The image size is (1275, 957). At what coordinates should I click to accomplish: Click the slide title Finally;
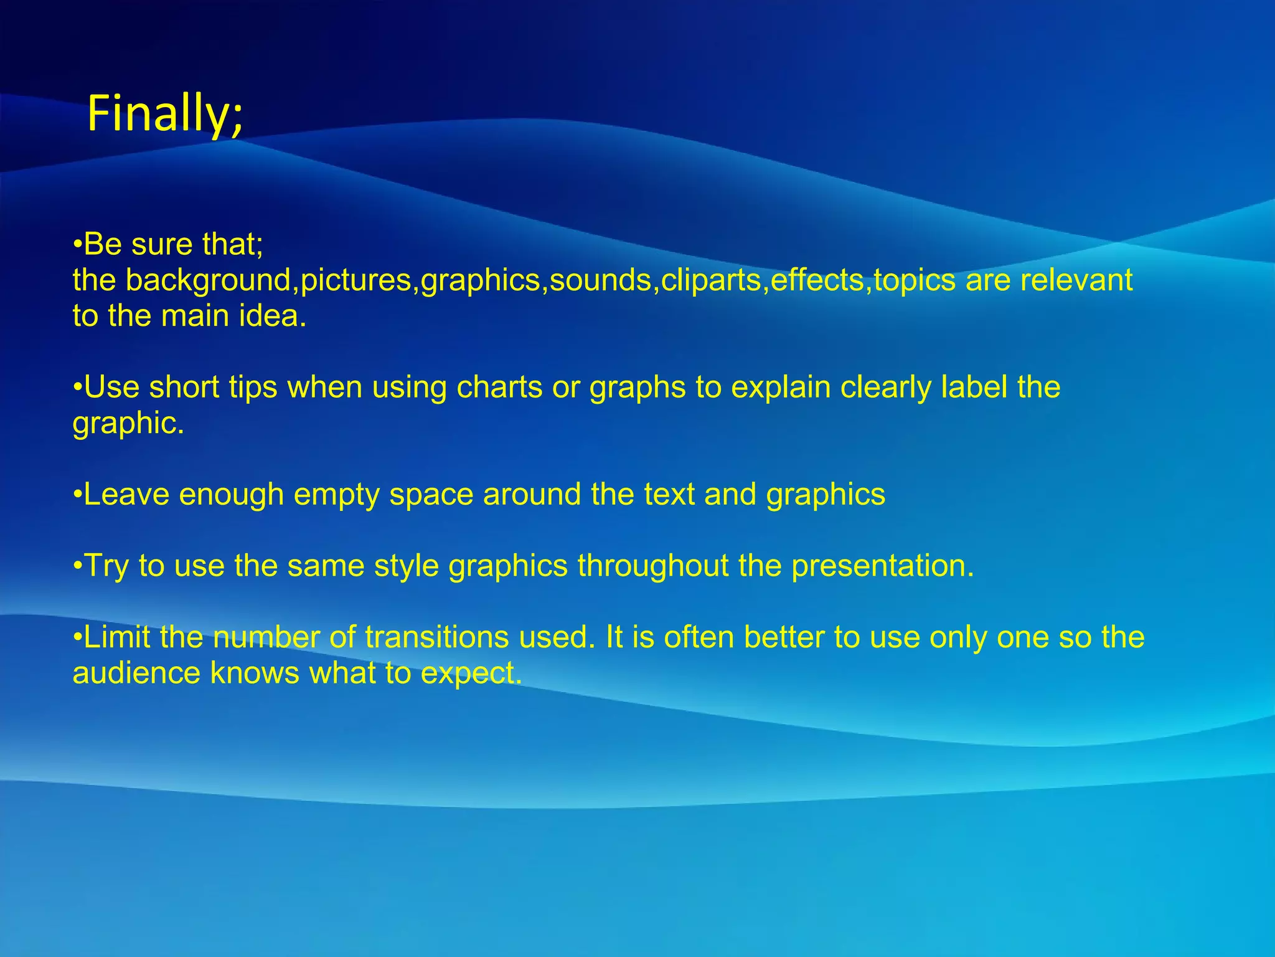pyautogui.click(x=165, y=114)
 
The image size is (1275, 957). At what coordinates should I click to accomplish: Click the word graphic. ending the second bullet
pyautogui.click(x=128, y=424)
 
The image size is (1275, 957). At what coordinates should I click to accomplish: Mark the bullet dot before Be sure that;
pyautogui.click(x=77, y=245)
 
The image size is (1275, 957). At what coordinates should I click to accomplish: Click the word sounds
pyautogui.click(x=600, y=280)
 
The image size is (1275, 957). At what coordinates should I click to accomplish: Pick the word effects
pyautogui.click(x=817, y=280)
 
